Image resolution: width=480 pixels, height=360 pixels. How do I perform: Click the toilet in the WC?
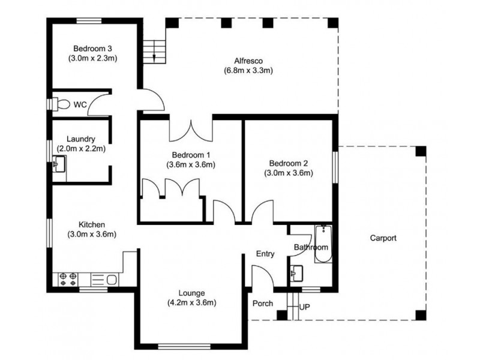click(x=61, y=104)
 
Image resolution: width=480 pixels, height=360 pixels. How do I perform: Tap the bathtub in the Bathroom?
click(x=323, y=244)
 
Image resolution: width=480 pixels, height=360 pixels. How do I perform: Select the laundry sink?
click(x=59, y=164)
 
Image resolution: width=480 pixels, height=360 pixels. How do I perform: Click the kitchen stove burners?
click(x=68, y=279)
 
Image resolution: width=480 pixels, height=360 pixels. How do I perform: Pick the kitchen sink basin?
click(x=112, y=280)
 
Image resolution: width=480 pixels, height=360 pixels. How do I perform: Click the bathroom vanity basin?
click(x=296, y=273)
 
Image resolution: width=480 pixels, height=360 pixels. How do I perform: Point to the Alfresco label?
click(x=248, y=61)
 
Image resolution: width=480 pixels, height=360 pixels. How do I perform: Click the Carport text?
click(x=383, y=238)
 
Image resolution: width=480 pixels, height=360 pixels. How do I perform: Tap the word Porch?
click(x=263, y=304)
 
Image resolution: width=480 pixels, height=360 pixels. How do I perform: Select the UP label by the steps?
click(x=305, y=307)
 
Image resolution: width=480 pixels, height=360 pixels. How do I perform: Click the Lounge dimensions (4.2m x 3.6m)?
click(x=191, y=303)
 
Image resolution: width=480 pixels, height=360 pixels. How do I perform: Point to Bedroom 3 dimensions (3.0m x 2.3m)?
click(x=93, y=58)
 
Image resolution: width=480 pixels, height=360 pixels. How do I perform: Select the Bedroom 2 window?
click(x=335, y=167)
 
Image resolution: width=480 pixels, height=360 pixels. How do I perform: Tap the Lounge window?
click(x=185, y=347)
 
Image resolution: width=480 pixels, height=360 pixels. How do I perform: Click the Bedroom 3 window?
click(x=89, y=21)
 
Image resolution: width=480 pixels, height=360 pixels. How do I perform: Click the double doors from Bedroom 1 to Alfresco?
click(x=191, y=131)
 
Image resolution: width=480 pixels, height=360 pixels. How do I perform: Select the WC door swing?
click(x=98, y=104)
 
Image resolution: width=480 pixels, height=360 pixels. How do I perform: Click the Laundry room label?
click(x=81, y=139)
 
